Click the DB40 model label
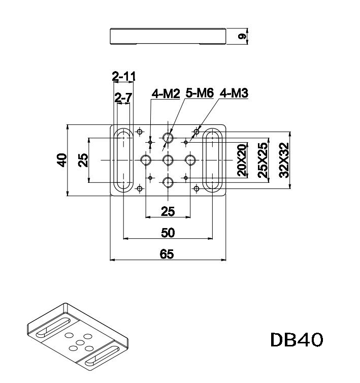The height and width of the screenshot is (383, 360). point(297,340)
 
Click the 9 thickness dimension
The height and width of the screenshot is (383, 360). point(242,37)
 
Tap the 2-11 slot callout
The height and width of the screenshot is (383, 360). point(124,77)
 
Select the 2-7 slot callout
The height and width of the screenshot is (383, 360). point(123,98)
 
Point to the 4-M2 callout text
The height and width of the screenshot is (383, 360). point(165,93)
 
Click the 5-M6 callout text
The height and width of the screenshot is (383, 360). point(200,92)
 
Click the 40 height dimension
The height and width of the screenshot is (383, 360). point(62,160)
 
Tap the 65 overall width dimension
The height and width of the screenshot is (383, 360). point(167,254)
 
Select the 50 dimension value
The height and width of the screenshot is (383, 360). point(168,233)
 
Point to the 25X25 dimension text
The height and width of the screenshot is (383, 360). point(263,160)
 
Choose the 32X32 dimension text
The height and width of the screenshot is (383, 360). point(284,160)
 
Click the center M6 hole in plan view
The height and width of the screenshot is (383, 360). point(168,161)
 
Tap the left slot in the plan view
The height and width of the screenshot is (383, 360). point(123,160)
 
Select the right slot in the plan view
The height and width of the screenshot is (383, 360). point(212,160)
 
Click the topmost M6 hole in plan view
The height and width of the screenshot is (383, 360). point(168,137)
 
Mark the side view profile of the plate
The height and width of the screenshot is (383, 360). point(168,37)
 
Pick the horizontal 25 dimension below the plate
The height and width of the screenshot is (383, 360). point(168,210)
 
